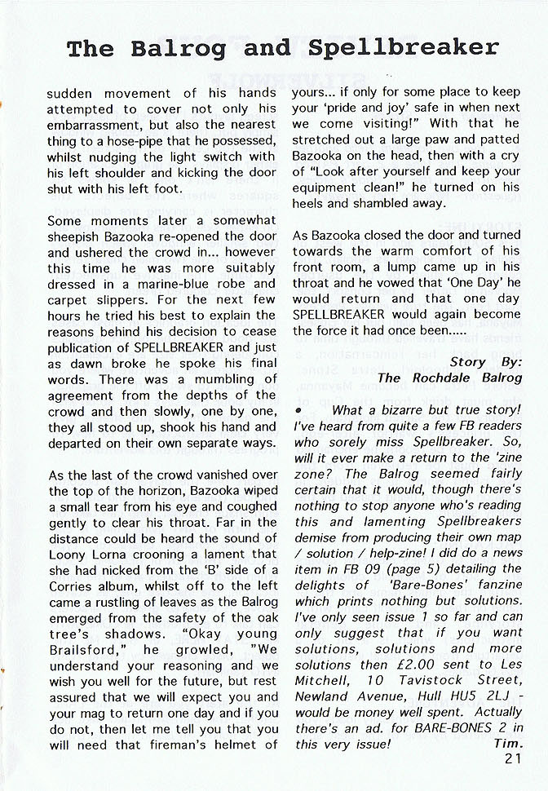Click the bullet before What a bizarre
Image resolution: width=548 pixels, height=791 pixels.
click(300, 411)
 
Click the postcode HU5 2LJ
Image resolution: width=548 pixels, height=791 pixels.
click(484, 696)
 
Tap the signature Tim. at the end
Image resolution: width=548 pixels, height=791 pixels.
click(508, 744)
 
